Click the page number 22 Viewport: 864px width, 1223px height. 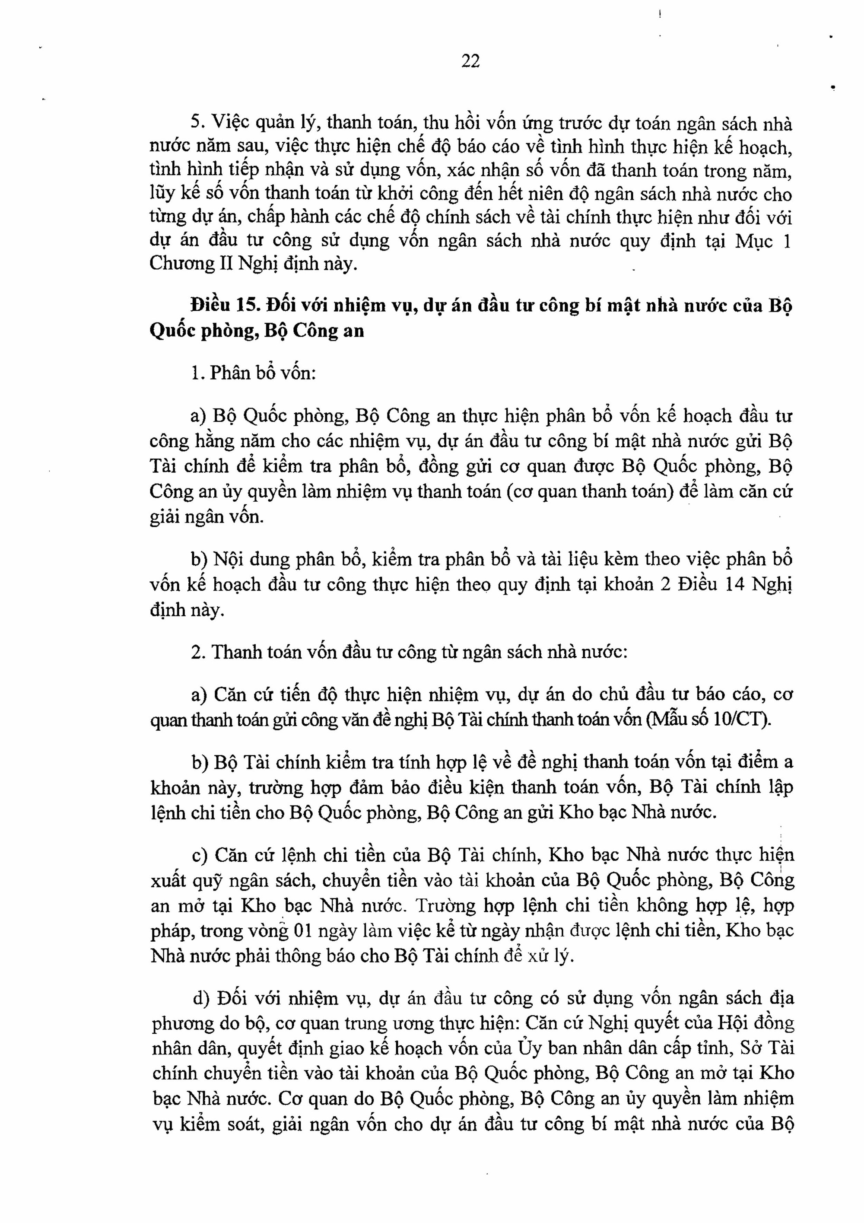pyautogui.click(x=470, y=62)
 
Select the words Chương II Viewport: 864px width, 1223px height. pyautogui.click(x=188, y=264)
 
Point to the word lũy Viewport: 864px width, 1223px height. pyautogui.click(x=162, y=194)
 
